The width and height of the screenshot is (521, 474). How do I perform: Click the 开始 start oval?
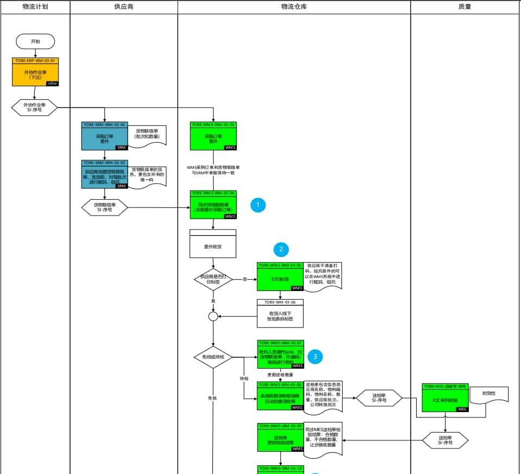coord(35,41)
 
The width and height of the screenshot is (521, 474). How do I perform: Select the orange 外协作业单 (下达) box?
coord(35,74)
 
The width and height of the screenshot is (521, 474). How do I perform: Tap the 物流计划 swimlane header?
coord(35,7)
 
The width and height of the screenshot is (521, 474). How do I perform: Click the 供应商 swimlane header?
coord(124,7)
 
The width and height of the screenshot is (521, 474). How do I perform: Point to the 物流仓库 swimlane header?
coord(294,7)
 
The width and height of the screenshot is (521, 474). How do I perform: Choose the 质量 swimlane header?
coord(465,7)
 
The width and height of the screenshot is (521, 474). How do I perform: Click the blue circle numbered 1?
coord(258,205)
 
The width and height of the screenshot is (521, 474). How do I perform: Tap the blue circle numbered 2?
coord(281,250)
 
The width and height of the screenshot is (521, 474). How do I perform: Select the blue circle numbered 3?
coord(315,356)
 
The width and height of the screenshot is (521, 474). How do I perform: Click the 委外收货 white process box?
coord(213,246)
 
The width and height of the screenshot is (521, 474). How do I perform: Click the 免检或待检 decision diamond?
coord(213,357)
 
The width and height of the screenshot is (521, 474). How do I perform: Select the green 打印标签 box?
coord(280,279)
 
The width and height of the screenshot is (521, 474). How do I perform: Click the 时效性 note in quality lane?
coord(489,394)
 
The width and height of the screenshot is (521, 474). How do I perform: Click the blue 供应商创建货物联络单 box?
coord(105,177)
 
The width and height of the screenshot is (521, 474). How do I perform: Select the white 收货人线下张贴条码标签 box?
coord(280,316)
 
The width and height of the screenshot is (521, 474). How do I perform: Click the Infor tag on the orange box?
coord(52,83)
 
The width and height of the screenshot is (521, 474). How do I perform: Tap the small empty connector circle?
coord(213,316)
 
